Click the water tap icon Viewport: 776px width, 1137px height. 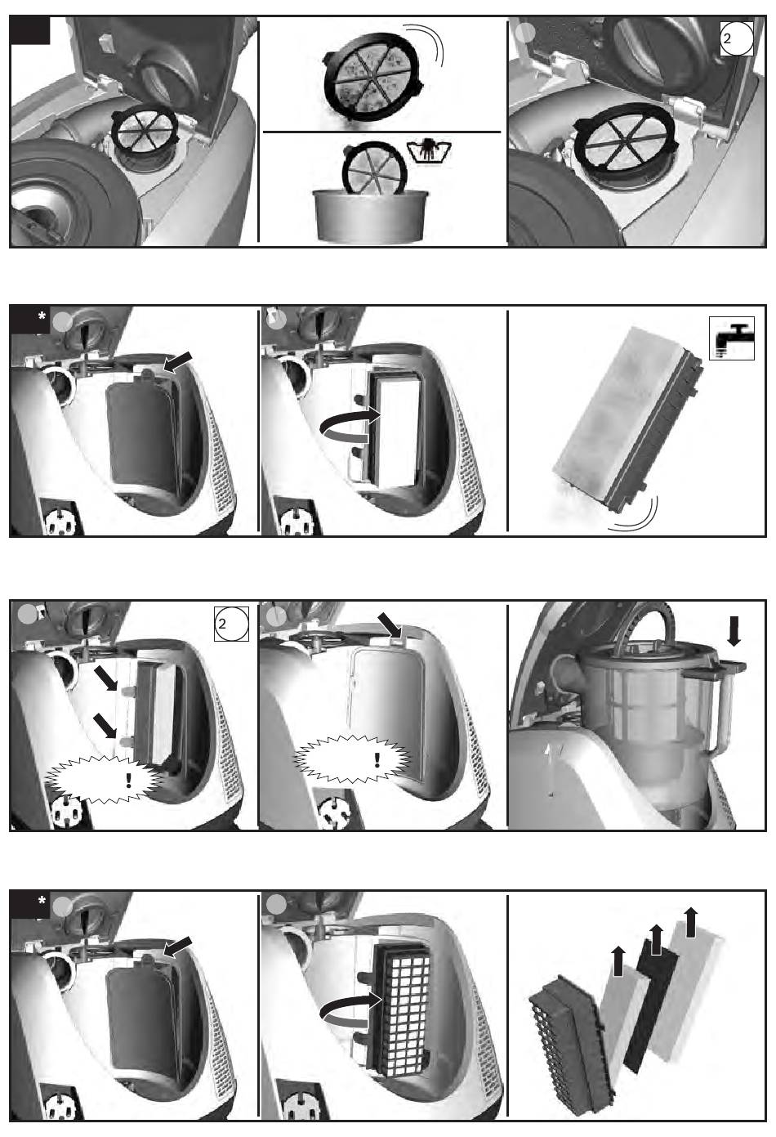click(732, 338)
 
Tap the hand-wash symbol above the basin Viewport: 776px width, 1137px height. click(429, 152)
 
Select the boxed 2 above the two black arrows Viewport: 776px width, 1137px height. click(231, 624)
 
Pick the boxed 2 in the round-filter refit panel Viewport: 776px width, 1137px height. click(737, 38)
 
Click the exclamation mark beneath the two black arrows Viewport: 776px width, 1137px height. click(128, 780)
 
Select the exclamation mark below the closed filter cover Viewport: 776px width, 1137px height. click(377, 760)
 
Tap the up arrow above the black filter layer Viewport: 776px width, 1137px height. click(656, 939)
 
